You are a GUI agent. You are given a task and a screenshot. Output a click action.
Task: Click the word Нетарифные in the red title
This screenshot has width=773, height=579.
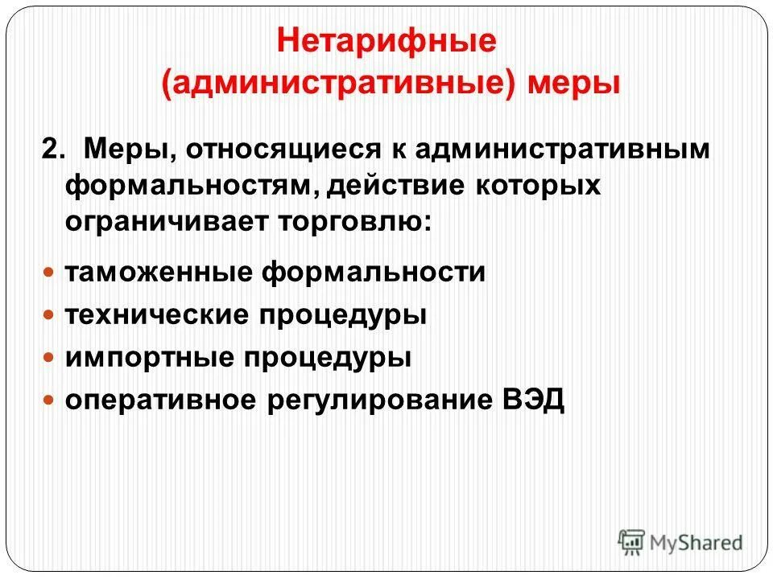[x=386, y=42]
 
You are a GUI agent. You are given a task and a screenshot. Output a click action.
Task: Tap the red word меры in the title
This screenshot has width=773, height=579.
[x=574, y=84]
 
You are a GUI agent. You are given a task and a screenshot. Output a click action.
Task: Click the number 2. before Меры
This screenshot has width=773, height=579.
[x=54, y=150]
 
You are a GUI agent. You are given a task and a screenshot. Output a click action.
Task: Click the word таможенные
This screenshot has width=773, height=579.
[x=159, y=272]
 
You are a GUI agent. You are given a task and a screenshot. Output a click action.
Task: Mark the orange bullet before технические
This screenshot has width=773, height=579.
[x=49, y=314]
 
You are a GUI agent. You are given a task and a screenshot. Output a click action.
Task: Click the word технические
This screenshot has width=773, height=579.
[x=159, y=314]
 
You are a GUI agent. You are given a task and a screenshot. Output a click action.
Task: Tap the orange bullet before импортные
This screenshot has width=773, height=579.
[x=49, y=357]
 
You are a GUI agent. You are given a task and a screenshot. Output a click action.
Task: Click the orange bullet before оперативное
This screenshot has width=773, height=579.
[x=49, y=400]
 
